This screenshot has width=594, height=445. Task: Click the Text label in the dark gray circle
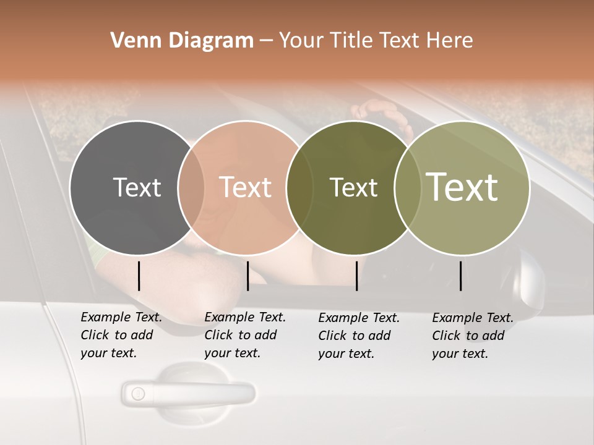coord(137,187)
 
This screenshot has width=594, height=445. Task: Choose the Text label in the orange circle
coord(245,187)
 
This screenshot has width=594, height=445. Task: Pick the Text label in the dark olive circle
coord(353,187)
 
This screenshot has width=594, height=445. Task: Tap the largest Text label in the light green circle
coord(462,187)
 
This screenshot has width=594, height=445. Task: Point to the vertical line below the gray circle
coord(139,276)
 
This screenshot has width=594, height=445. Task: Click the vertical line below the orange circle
coord(247,276)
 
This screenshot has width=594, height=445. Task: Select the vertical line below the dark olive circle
coord(356,276)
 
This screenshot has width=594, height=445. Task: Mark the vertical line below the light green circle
coord(460,276)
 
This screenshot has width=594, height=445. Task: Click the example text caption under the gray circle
coord(121,335)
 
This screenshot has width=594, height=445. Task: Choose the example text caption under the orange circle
coord(245,335)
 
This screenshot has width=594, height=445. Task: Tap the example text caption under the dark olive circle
coord(359,336)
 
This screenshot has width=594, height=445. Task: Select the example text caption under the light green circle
coord(473,336)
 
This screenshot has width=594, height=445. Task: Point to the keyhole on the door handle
coord(138,393)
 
